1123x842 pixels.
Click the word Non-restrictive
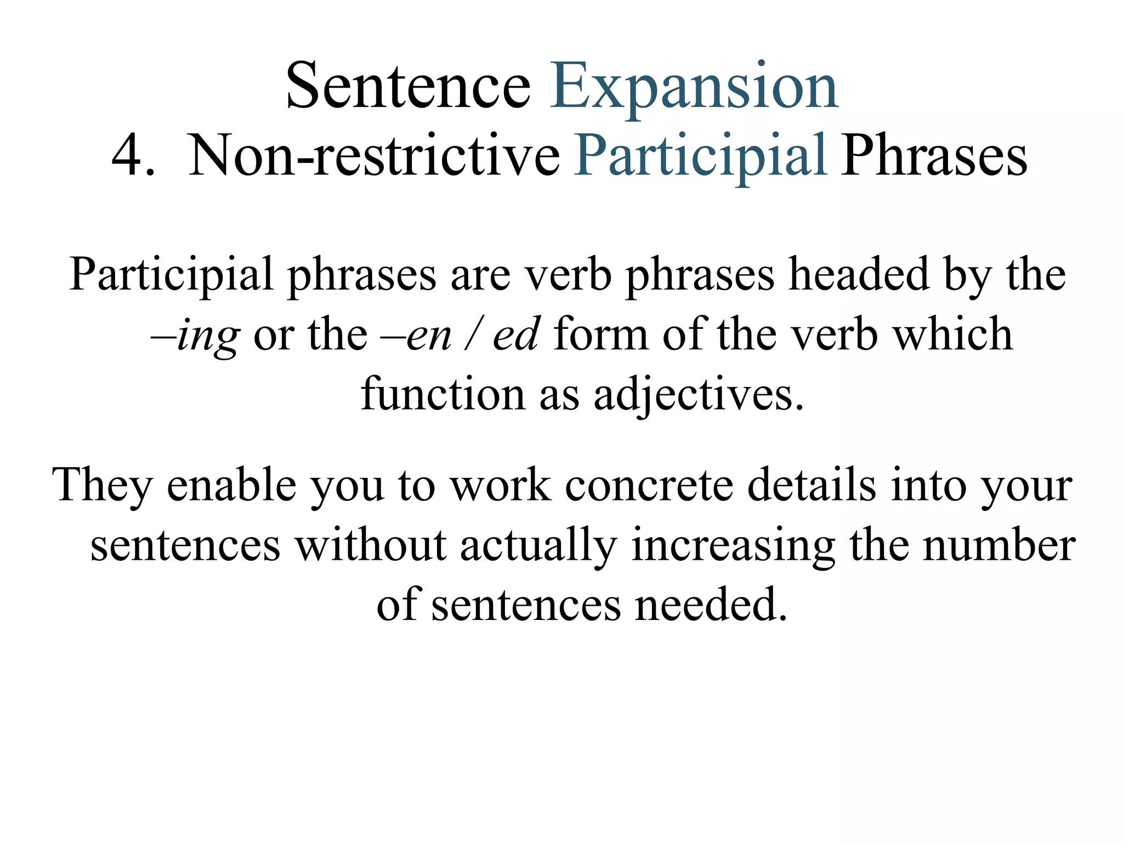coord(374,156)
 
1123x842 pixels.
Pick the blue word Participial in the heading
coord(700,157)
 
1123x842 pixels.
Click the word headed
coord(859,274)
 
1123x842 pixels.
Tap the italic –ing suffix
coord(195,335)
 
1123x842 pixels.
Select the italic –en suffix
coord(417,335)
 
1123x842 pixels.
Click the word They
coord(102,486)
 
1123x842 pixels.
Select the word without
coord(371,545)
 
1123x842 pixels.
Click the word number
coord(999,545)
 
